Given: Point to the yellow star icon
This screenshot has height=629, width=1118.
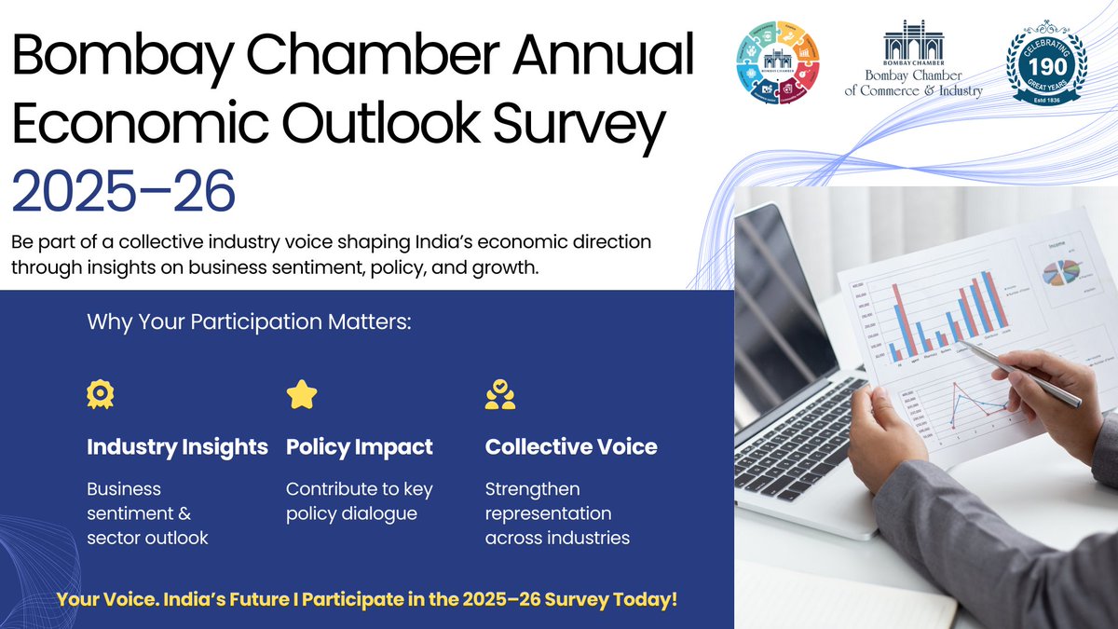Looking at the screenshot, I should [301, 395].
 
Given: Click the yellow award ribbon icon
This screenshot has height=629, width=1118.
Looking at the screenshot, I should [101, 395].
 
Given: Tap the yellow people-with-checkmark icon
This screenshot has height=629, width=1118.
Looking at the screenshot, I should [500, 395].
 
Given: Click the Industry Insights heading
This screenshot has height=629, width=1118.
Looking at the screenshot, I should [177, 447].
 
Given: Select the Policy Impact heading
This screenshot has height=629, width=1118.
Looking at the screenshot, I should [359, 447].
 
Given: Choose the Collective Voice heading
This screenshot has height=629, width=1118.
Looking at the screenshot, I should [570, 447].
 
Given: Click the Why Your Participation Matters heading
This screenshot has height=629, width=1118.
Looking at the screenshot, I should [249, 323].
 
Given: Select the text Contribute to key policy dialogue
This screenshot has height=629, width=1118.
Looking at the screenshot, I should [359, 501].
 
